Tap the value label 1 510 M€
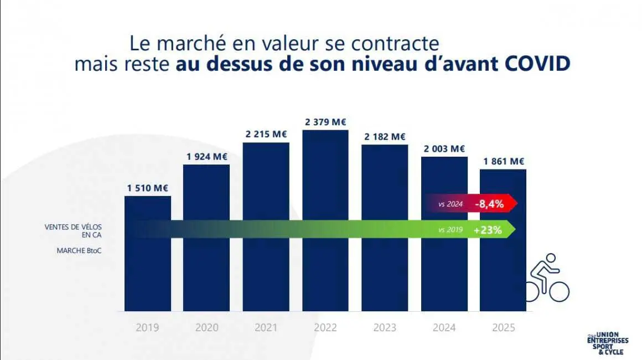click(147, 188)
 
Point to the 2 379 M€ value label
click(325, 122)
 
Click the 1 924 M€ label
click(206, 156)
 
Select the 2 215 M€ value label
click(266, 134)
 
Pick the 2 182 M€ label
click(385, 136)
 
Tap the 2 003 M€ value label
click(444, 148)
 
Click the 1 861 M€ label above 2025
click(503, 161)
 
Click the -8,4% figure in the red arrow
click(489, 204)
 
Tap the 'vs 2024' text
click(451, 204)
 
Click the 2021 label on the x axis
click(266, 327)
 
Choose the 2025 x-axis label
click(503, 327)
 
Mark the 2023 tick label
click(385, 327)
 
